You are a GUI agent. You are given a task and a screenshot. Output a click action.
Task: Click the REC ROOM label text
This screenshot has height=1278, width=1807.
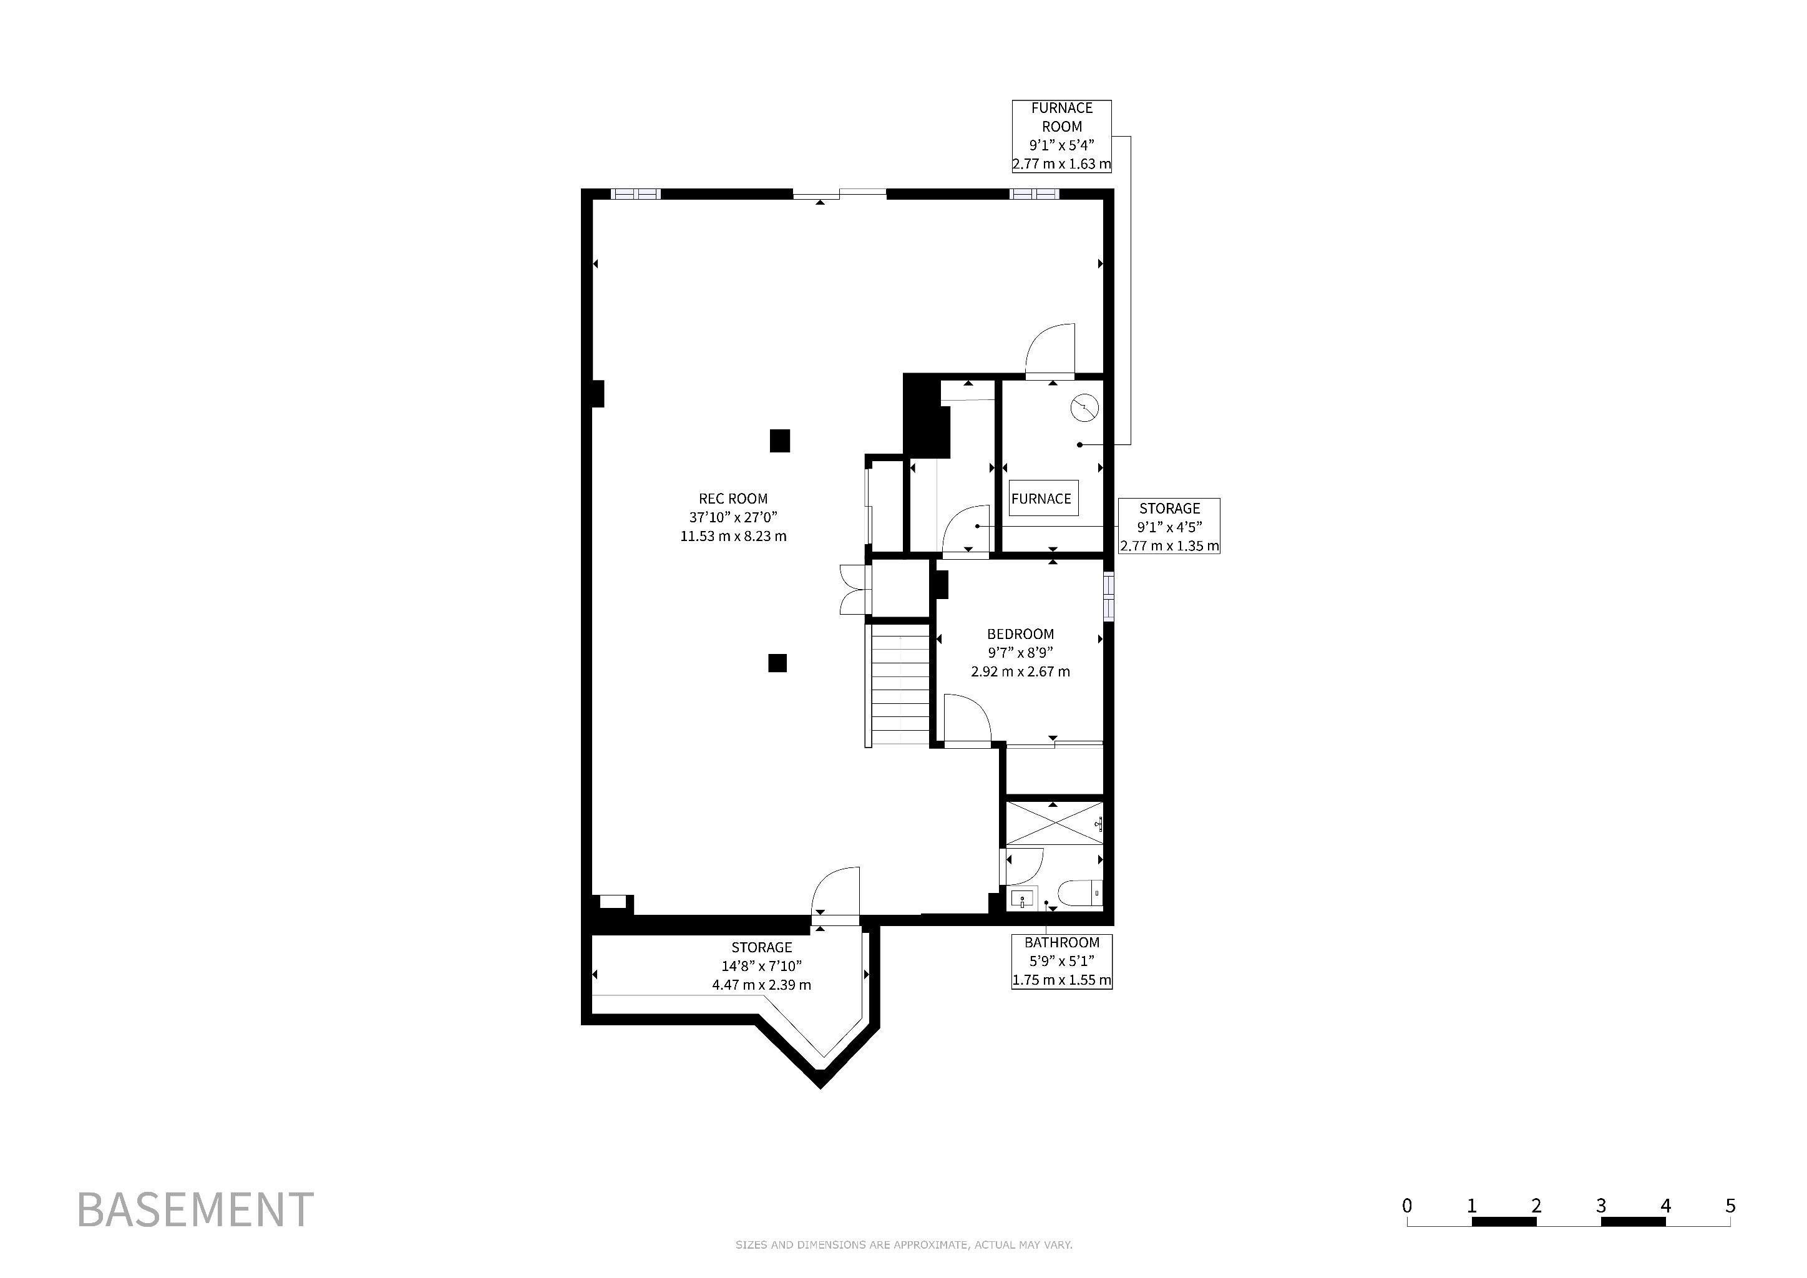(x=733, y=517)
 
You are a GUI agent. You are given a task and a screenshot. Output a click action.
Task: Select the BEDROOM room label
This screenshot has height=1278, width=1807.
(x=1020, y=652)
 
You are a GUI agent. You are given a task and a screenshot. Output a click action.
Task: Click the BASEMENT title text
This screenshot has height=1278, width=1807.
(x=195, y=1209)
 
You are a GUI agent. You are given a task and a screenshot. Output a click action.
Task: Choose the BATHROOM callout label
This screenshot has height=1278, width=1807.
(x=1062, y=961)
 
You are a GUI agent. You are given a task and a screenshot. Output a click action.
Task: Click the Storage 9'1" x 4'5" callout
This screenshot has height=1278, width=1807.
(x=1169, y=525)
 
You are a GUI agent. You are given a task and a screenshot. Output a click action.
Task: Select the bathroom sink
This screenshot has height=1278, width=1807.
(x=1023, y=898)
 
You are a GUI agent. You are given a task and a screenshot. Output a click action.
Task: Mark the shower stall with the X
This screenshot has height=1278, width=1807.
(x=1055, y=824)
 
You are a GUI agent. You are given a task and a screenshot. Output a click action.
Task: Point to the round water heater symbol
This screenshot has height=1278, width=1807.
(x=1084, y=407)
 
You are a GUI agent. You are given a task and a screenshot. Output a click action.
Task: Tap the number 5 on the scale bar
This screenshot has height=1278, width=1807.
(x=1730, y=1206)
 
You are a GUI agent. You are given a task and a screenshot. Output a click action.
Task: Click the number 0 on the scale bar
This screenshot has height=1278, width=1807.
(x=1406, y=1206)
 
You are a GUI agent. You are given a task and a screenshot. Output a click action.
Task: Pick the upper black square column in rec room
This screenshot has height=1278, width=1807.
(x=779, y=440)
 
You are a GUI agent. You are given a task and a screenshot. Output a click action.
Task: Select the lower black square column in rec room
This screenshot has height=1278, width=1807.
(x=777, y=663)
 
